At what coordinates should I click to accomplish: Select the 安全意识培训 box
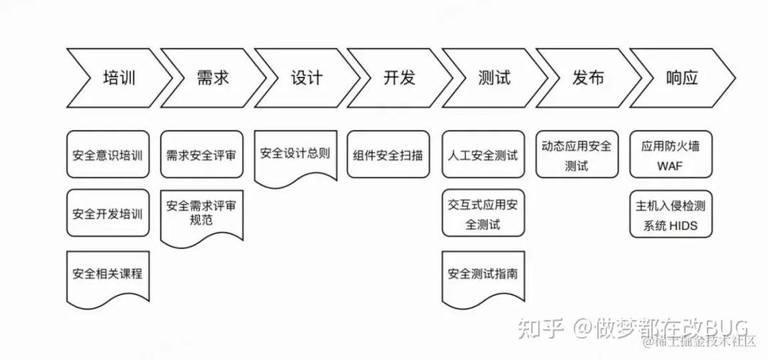pyautogui.click(x=108, y=154)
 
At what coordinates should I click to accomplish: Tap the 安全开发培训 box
pyautogui.click(x=108, y=213)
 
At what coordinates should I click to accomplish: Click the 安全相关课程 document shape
pyautogui.click(x=108, y=274)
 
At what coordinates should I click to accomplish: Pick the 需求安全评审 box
pyautogui.click(x=202, y=154)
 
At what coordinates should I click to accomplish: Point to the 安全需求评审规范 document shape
pyautogui.click(x=202, y=213)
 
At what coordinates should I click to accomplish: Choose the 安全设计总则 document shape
pyautogui.click(x=295, y=153)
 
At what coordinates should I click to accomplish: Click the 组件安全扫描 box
pyautogui.click(x=389, y=154)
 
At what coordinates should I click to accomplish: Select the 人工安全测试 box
pyautogui.click(x=483, y=154)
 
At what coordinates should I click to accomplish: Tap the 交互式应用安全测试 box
pyautogui.click(x=483, y=213)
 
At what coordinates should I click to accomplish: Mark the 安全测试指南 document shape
pyautogui.click(x=483, y=274)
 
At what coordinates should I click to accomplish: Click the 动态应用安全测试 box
pyautogui.click(x=577, y=154)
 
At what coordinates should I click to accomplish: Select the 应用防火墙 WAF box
pyautogui.click(x=670, y=154)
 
